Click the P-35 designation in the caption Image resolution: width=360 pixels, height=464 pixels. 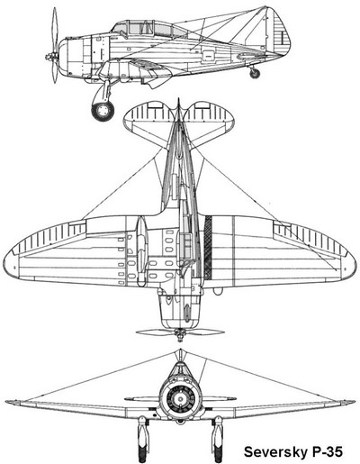pos(326,451)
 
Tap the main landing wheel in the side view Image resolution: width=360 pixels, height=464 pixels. pos(103,110)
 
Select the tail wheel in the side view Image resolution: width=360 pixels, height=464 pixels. pos(255,73)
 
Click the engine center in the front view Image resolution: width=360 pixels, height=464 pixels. pos(180,399)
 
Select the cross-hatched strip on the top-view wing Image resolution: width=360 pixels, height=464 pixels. pos(208,247)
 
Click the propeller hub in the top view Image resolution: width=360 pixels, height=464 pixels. pos(180,332)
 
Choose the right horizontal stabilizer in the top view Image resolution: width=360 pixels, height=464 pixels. pos(209,120)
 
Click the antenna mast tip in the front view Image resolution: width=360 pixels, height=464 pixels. pos(180,350)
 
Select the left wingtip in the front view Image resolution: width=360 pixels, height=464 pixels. pos(6,402)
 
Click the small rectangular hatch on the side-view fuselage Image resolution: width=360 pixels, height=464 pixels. pos(208,55)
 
